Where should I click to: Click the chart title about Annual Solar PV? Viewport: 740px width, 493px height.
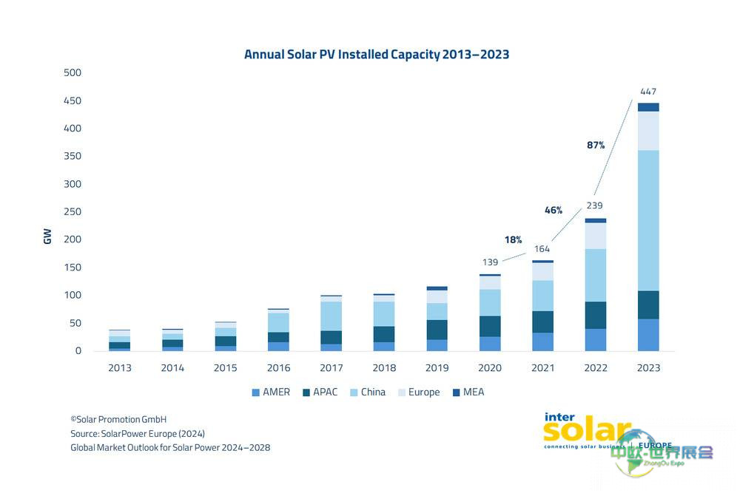tap(377, 55)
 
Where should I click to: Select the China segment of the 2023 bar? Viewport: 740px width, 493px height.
tap(648, 220)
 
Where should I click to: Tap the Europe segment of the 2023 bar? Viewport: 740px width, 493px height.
tap(648, 131)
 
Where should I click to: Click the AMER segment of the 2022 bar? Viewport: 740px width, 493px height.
tap(596, 339)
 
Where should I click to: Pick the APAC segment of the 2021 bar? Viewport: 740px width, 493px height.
tap(542, 322)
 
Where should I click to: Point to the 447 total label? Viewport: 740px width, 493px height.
tap(648, 92)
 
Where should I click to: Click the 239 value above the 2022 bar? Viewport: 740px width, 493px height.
tap(596, 206)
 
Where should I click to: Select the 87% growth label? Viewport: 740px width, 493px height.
tap(596, 146)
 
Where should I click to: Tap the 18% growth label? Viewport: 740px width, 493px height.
tap(514, 239)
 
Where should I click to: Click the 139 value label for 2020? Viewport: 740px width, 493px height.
tap(489, 262)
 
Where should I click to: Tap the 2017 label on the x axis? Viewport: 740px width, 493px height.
tap(332, 367)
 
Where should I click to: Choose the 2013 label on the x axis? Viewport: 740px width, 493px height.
tap(120, 367)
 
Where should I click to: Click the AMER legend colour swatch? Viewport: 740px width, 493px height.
tap(256, 392)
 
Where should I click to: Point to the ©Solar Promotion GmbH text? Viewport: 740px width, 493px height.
tap(118, 419)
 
